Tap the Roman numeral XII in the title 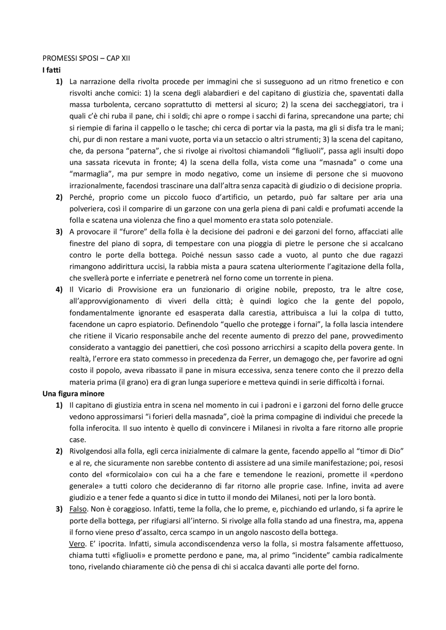125,58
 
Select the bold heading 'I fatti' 52,70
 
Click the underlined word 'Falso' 78,509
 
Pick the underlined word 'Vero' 77,544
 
